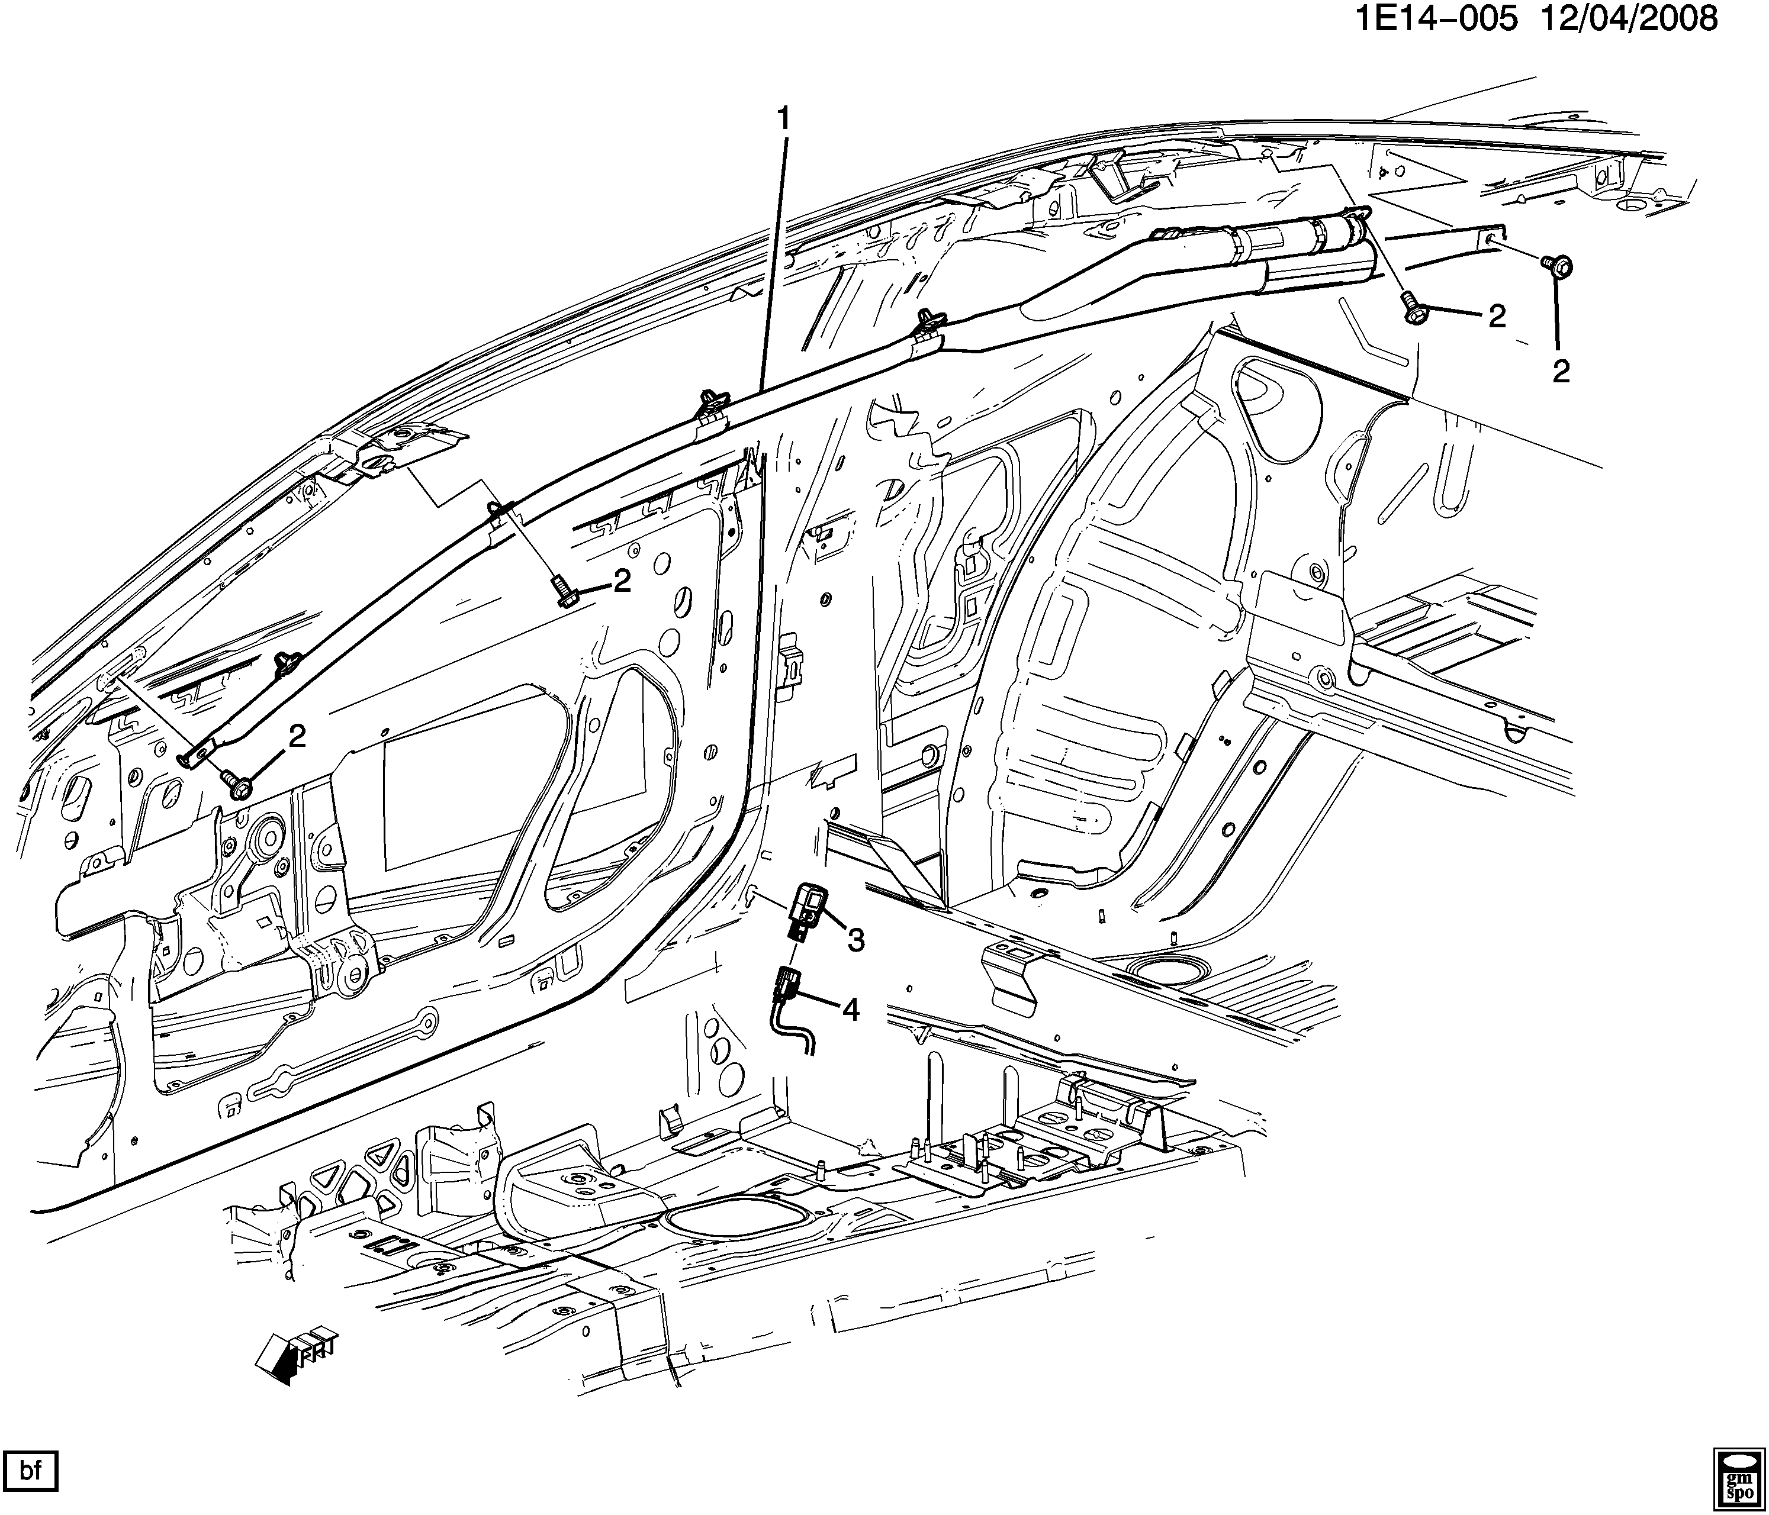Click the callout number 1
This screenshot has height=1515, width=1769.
[782, 120]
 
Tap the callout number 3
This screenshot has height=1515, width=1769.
[855, 940]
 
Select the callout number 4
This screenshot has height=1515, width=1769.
[850, 1010]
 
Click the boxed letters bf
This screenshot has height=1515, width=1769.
[31, 1471]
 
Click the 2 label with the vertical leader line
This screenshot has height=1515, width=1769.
[1561, 371]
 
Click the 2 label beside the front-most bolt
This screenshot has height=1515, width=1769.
[296, 737]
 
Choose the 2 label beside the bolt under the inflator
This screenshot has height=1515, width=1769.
[1497, 317]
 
